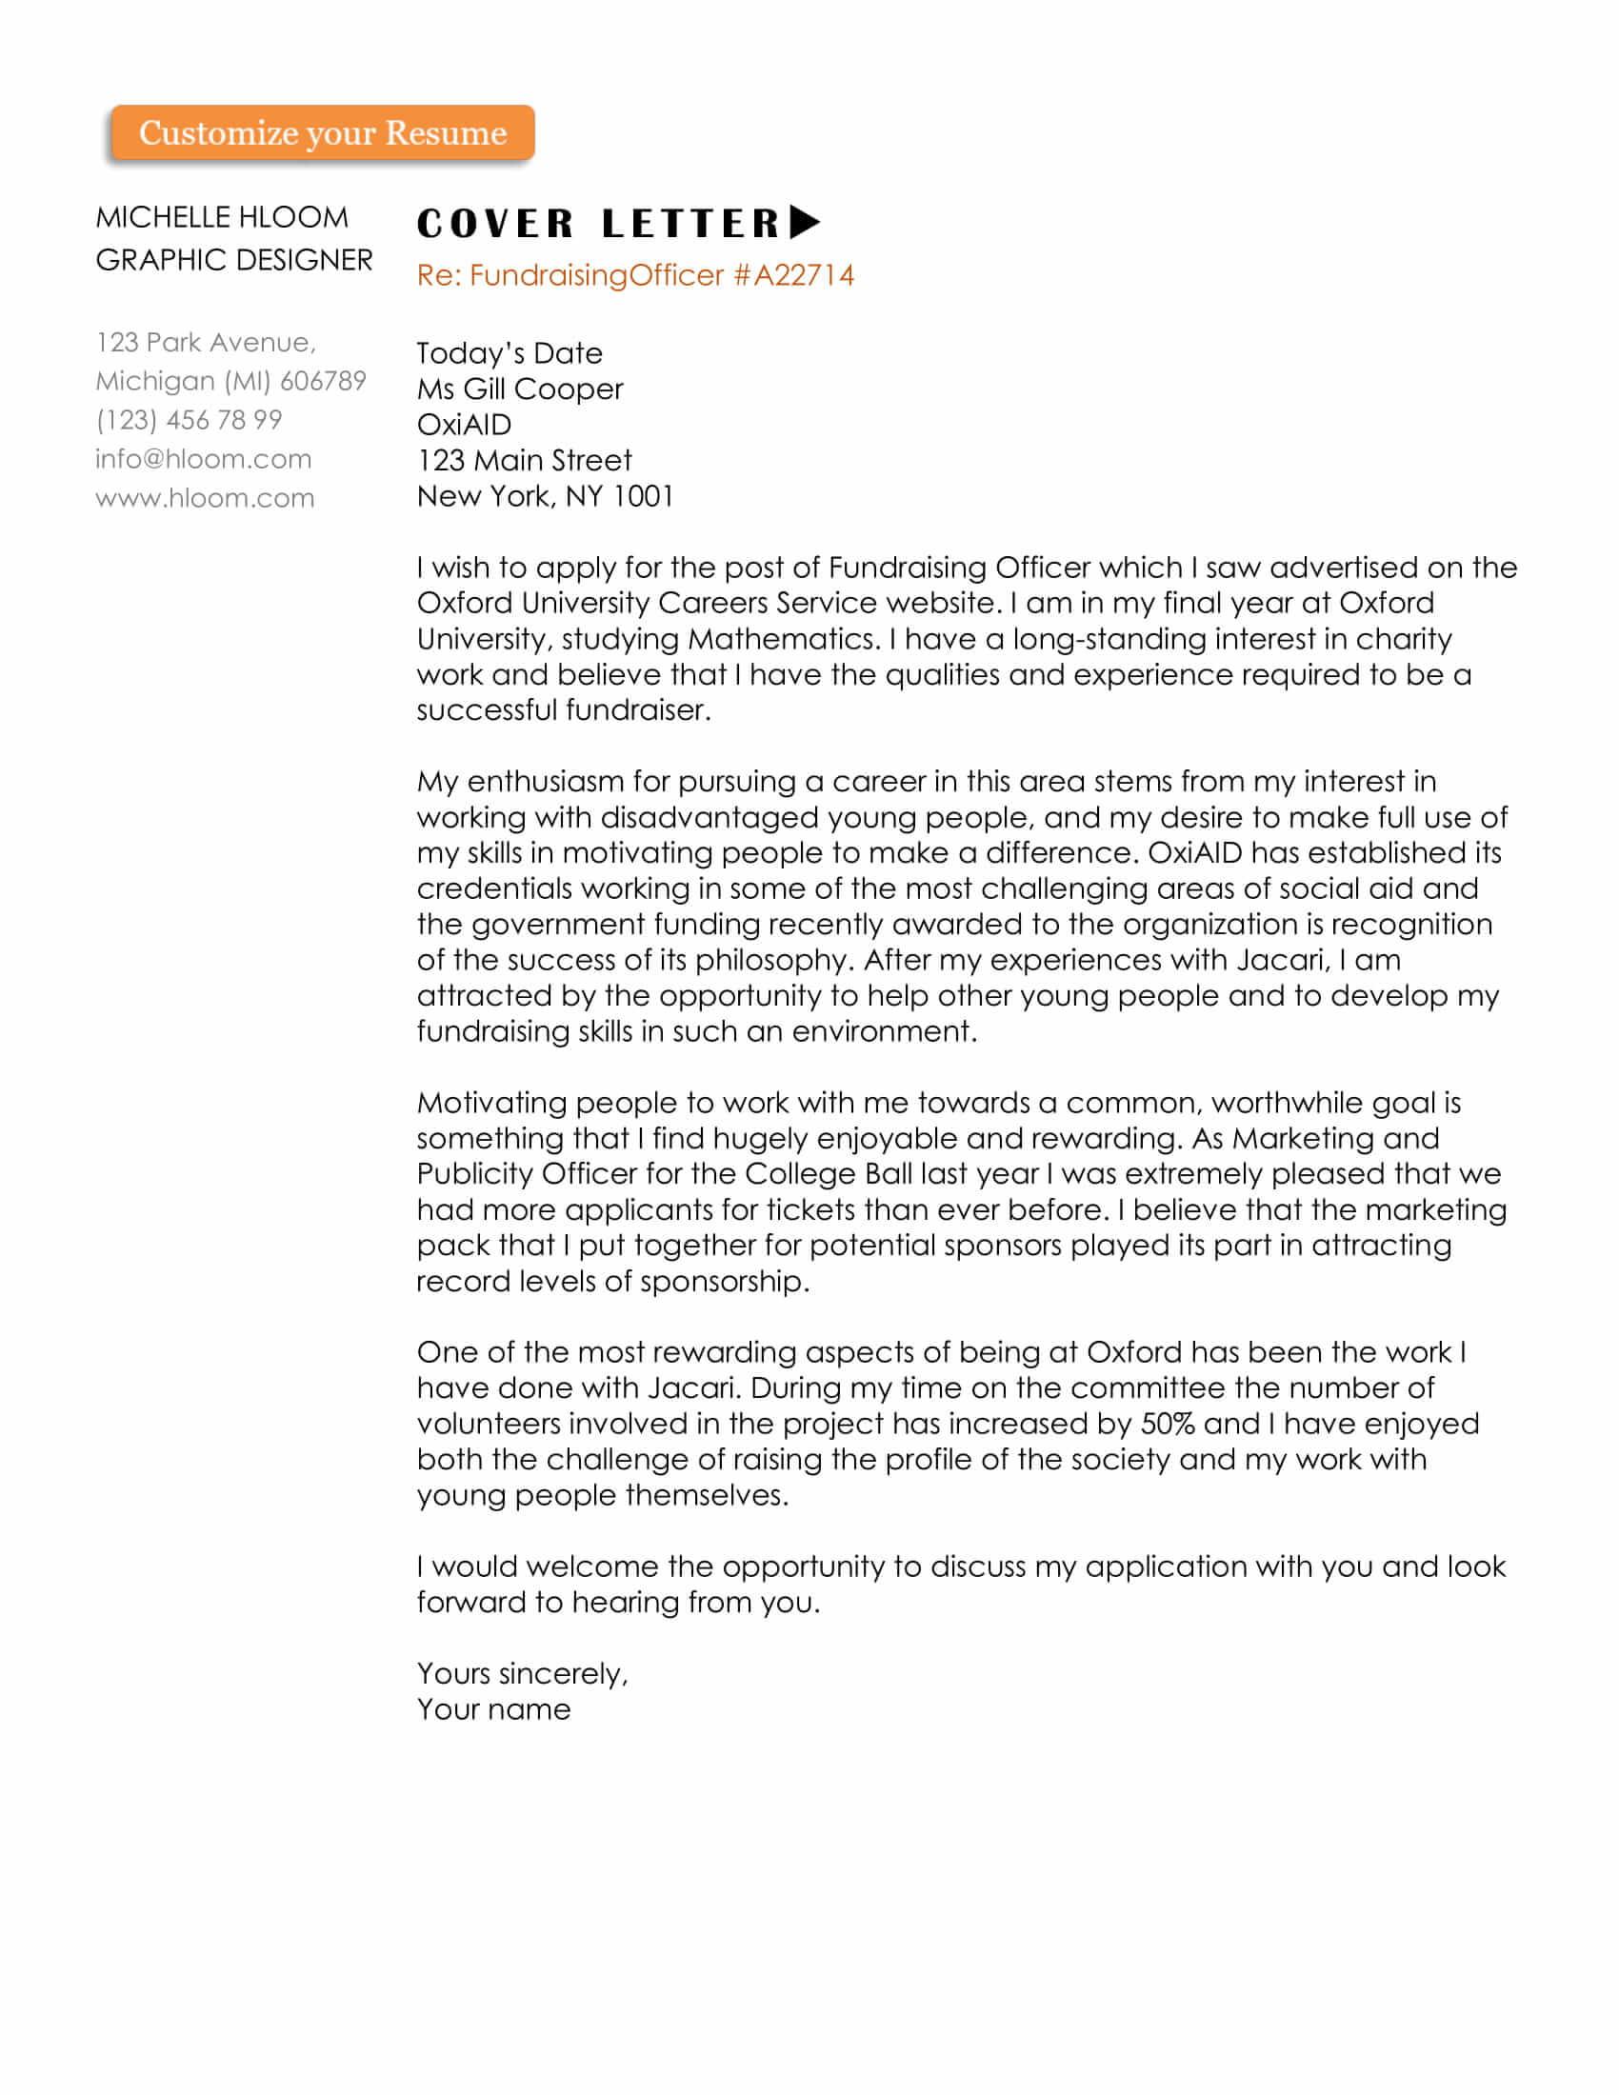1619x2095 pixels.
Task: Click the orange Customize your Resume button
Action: (x=322, y=132)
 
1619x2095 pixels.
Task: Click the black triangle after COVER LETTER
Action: (x=805, y=223)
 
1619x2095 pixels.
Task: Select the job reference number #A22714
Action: (x=793, y=275)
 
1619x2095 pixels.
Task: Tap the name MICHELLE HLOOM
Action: (x=222, y=218)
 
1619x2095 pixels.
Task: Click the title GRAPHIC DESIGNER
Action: (x=234, y=260)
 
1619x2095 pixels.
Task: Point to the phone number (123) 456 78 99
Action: (x=189, y=420)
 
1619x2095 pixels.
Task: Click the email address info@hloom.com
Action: (x=204, y=460)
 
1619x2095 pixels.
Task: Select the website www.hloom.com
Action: (x=205, y=498)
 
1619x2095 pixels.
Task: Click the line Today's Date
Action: (x=510, y=354)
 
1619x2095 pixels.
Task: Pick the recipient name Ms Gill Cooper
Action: (x=520, y=389)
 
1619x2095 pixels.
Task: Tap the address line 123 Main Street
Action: (x=524, y=461)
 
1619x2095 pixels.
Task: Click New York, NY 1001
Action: (x=545, y=496)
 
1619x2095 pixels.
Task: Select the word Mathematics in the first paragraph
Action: (x=784, y=639)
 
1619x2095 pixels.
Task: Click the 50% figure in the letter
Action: (x=1168, y=1424)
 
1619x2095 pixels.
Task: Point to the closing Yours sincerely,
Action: (x=522, y=1674)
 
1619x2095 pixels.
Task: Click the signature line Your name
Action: (x=493, y=1709)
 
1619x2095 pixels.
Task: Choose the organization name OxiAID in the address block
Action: (x=464, y=425)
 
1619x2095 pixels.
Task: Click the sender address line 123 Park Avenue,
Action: (x=206, y=343)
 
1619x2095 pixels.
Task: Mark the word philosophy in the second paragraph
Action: (x=774, y=960)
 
